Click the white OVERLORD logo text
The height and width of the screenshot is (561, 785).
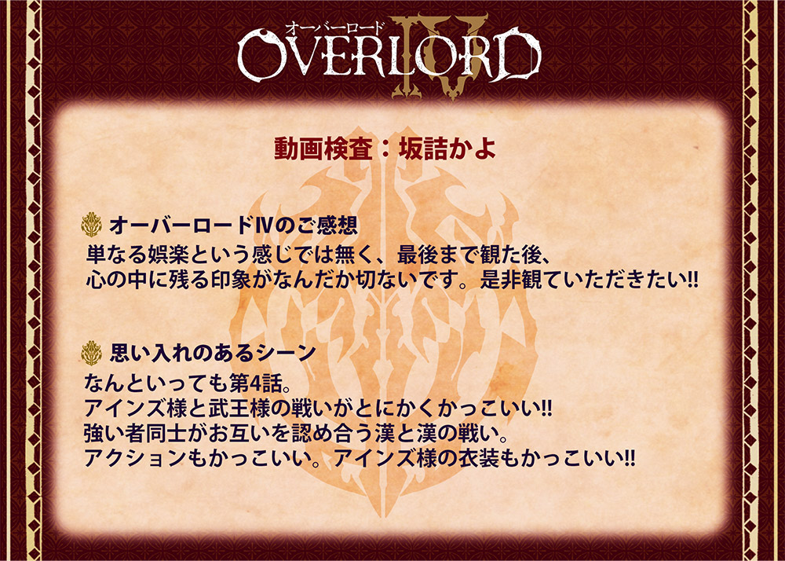(389, 55)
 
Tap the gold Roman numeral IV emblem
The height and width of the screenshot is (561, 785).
(439, 56)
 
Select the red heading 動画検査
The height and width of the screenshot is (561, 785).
(323, 148)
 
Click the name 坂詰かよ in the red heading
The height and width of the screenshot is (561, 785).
(447, 148)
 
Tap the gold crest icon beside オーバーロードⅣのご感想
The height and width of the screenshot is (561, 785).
(91, 225)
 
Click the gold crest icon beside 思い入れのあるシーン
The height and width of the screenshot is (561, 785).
(91, 353)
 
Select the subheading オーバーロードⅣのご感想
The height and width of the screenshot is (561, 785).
(233, 225)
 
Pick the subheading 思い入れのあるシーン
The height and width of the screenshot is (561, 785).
(212, 353)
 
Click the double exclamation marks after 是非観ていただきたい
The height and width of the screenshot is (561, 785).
(692, 280)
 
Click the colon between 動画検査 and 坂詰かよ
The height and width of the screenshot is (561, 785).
(385, 149)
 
